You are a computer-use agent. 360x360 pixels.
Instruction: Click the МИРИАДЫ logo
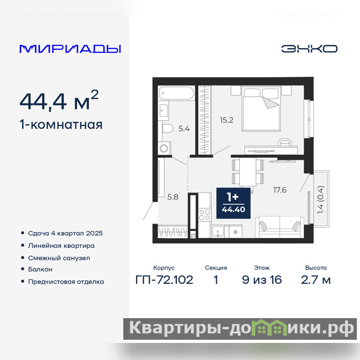[70, 49]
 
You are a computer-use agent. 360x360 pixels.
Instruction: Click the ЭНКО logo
[309, 49]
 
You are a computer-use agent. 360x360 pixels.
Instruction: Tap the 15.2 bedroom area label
[226, 120]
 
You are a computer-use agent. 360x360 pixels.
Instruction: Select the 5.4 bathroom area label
[184, 129]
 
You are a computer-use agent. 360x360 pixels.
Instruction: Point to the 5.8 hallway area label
[173, 197]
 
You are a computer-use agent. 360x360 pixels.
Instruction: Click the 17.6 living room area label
[279, 190]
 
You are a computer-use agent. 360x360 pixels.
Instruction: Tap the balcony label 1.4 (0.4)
[320, 200]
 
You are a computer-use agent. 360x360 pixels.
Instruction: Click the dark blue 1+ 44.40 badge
[233, 203]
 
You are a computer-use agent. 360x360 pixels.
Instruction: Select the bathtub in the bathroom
[176, 93]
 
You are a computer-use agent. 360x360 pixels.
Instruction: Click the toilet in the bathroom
[167, 129]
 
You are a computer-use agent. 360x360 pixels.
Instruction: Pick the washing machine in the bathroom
[164, 148]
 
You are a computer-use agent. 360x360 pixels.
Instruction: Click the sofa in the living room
[279, 227]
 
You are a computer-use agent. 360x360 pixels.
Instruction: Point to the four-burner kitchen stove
[205, 215]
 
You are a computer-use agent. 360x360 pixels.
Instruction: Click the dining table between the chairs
[248, 171]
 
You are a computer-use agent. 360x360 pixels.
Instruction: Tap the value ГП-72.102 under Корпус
[164, 280]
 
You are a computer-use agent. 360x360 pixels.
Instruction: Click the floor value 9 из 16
[262, 280]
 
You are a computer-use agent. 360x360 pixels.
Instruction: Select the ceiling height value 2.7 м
[316, 280]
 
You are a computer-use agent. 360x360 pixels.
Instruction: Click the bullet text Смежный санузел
[59, 258]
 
